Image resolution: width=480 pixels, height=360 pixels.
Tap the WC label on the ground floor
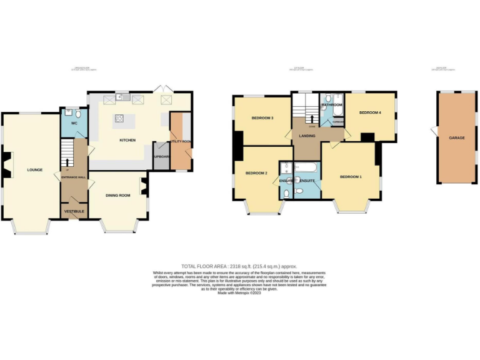(74, 124)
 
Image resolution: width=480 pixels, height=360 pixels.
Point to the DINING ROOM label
(117, 196)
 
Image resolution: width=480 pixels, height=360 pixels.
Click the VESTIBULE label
(74, 211)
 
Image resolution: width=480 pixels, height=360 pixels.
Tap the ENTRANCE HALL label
(74, 177)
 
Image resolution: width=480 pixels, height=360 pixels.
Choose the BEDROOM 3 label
(262, 117)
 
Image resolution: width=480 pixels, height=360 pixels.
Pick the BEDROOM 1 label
(351, 177)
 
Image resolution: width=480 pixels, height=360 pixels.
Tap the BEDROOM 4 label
(370, 112)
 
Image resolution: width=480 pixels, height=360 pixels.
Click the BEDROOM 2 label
(256, 173)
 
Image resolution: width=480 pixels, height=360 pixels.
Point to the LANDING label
(306, 136)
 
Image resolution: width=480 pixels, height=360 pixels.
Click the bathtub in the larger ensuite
(307, 167)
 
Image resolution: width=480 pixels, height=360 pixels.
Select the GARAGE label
(457, 137)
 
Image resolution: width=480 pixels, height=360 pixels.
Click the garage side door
(434, 131)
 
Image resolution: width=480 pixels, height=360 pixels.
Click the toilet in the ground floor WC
(76, 114)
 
